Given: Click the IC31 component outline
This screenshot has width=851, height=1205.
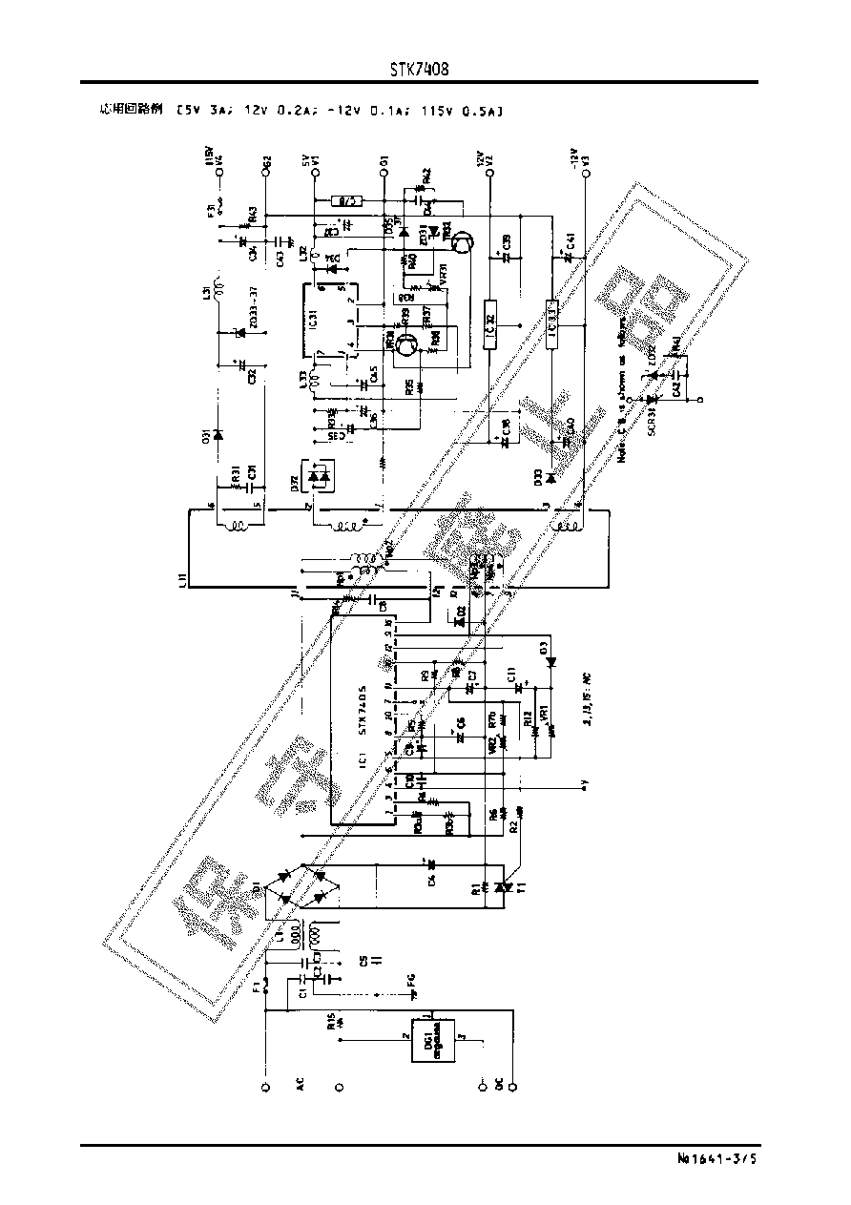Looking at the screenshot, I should [330, 322].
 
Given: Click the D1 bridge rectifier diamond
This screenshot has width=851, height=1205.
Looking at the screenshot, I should [304, 886].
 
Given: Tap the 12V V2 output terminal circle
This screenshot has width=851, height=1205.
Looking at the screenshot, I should [489, 173].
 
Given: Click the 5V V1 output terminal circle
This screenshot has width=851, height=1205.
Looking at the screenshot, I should [316, 173].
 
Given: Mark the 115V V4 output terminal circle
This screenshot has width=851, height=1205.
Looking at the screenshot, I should [220, 173].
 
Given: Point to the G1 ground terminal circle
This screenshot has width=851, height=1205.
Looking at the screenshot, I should [383, 173].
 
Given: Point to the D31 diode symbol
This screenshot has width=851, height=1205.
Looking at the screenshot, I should [218, 436].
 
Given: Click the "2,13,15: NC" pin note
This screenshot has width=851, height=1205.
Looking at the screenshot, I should [586, 698].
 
